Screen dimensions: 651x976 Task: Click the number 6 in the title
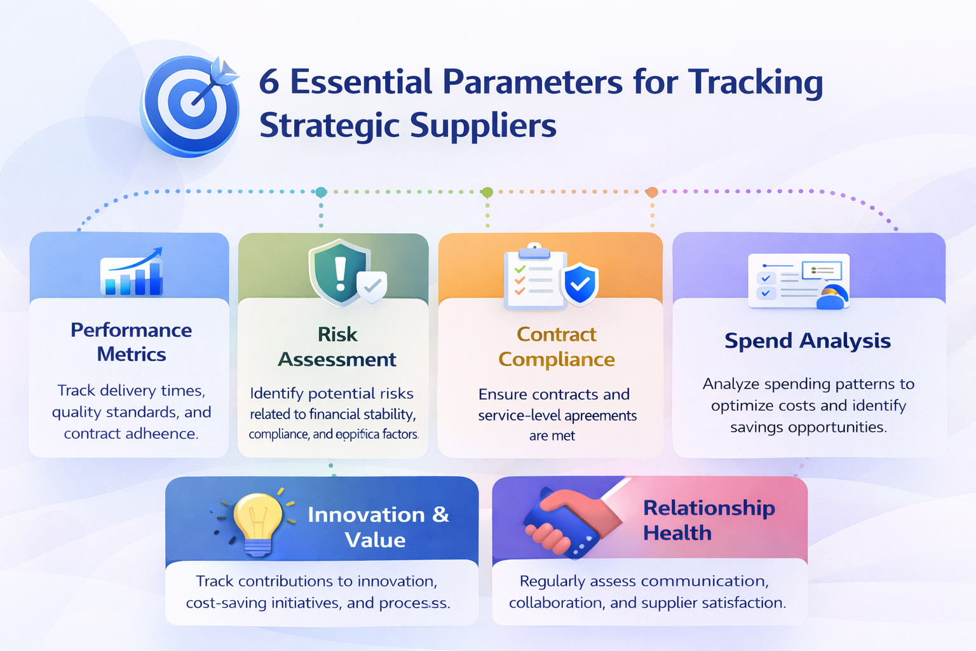[x=269, y=83]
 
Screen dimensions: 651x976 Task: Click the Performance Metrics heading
[x=132, y=342]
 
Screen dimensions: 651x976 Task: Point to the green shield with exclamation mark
[x=339, y=272]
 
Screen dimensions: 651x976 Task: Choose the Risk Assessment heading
[x=337, y=347]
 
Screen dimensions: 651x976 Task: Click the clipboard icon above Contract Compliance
[x=534, y=278]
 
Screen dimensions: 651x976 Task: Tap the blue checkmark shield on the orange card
[x=579, y=284]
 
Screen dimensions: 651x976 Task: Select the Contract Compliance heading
[x=557, y=347]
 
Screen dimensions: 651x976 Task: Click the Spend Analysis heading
[x=808, y=341]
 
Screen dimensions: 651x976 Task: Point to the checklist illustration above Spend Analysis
[x=799, y=281]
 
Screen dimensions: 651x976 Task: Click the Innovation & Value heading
[x=377, y=527]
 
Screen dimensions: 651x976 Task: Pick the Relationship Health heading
[x=708, y=520]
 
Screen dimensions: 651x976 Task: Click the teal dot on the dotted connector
[x=321, y=192]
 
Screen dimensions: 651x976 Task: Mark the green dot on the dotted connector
[x=487, y=192]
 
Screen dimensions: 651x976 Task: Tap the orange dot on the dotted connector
[x=652, y=192]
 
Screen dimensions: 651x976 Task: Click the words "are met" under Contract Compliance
[x=552, y=436]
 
